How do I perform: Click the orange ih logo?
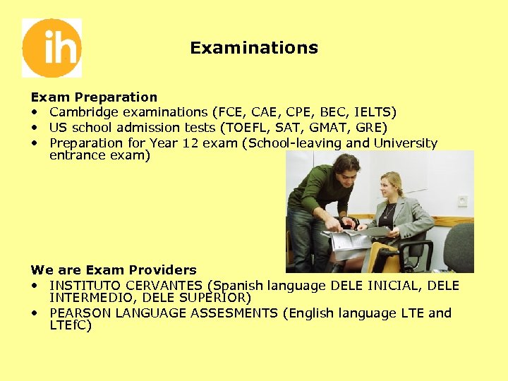pos(52,48)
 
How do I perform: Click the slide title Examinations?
pos(254,48)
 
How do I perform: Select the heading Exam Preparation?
pos(94,97)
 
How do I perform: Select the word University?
pos(405,143)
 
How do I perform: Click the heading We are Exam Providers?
pos(114,270)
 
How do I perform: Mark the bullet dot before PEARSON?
pos(35,313)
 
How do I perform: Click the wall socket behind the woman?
pos(462,200)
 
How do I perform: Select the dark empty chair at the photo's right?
pos(459,247)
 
